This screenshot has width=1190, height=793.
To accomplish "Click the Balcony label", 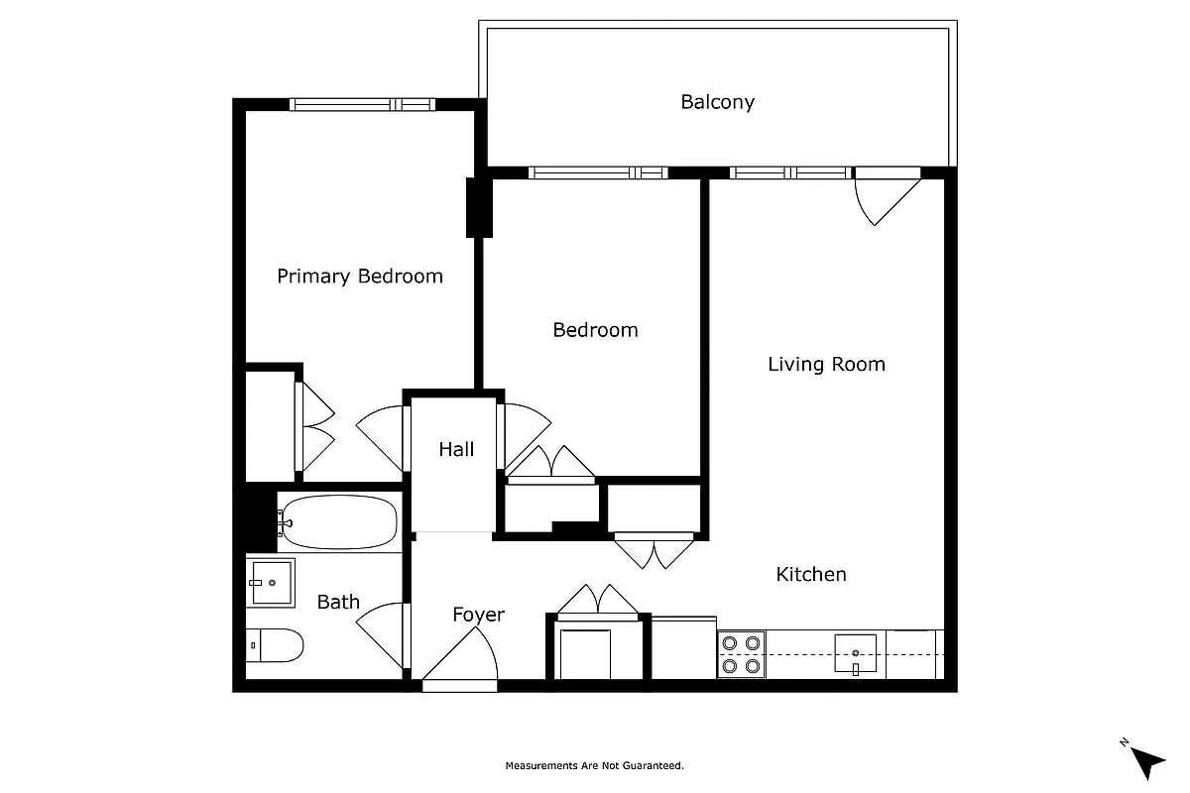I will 717,102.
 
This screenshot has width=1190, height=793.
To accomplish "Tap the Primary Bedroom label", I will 359,277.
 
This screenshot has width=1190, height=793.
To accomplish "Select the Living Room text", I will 826,364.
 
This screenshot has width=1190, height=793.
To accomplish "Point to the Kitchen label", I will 810,574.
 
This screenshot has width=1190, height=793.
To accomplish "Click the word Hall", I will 456,449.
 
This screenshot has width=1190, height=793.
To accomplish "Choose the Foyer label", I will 478,615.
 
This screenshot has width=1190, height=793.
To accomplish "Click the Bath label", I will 338,602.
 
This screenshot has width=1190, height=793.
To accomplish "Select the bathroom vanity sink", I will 271,582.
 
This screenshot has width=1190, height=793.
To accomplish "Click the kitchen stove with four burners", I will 741,655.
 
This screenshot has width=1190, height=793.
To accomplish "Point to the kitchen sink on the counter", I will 855,654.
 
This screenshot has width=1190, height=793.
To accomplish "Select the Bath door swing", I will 382,635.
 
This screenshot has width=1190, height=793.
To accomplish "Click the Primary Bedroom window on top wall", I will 362,104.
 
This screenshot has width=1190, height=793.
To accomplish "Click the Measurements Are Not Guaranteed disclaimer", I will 594,765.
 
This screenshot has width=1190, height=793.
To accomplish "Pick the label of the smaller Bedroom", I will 595,330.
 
